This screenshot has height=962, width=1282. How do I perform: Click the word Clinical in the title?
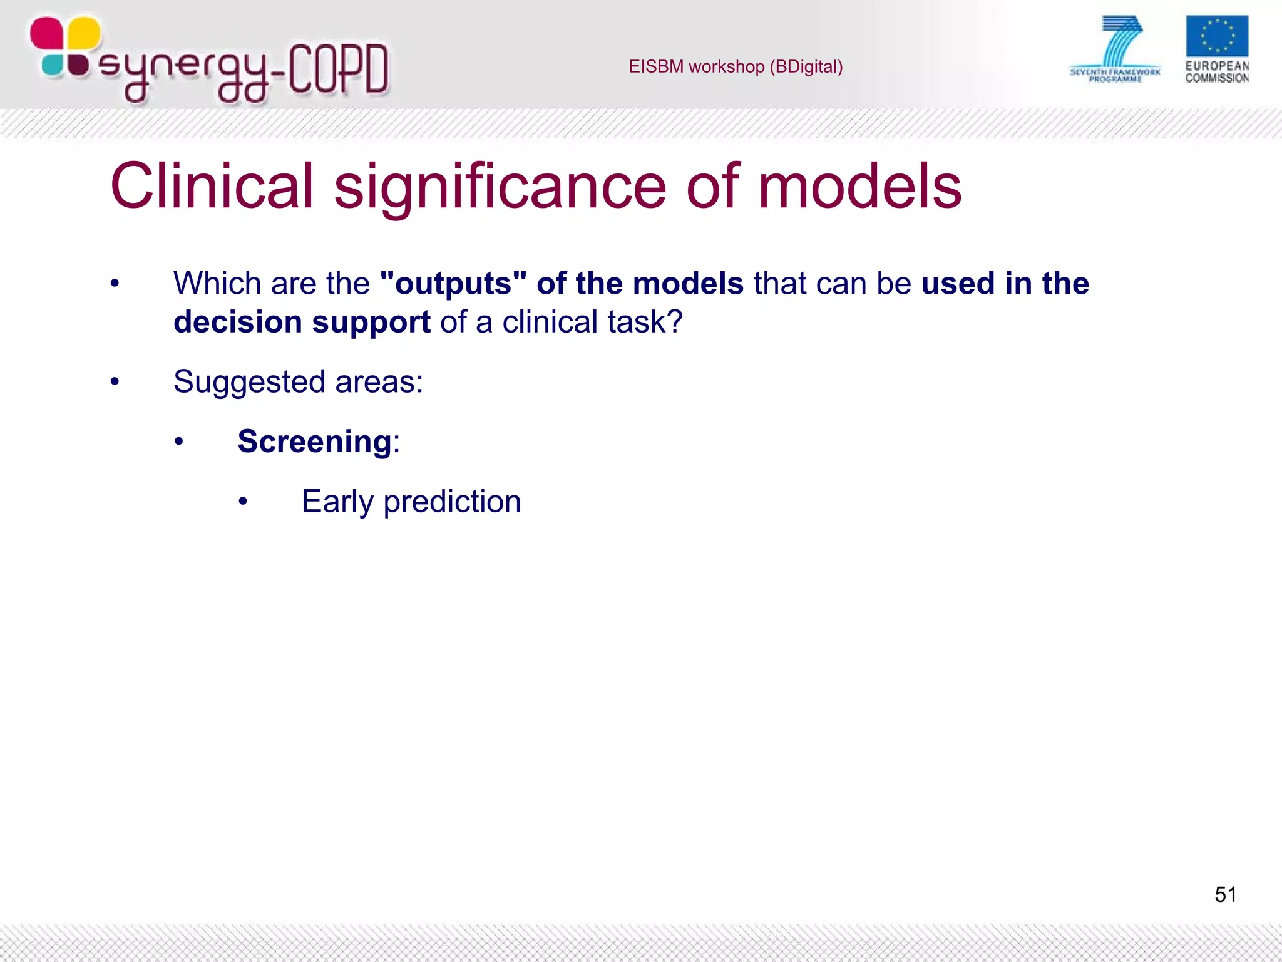[x=212, y=186]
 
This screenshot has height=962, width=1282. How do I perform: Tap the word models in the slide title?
[x=859, y=186]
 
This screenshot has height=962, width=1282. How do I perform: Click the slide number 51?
[x=1225, y=894]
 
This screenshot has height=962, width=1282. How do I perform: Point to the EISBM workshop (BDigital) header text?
[x=736, y=66]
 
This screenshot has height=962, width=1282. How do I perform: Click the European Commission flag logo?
[x=1216, y=36]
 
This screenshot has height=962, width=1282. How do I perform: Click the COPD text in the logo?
[x=339, y=69]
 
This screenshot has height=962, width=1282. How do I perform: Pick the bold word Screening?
[x=314, y=442]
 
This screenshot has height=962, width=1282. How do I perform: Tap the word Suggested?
[x=249, y=381]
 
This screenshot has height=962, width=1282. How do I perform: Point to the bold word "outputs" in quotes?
[x=453, y=283]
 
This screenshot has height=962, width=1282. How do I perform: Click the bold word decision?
[x=238, y=322]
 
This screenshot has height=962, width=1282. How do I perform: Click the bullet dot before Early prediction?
[x=243, y=502]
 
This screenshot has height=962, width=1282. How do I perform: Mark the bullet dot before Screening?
[x=179, y=442]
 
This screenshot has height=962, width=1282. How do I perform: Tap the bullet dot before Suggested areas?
[x=115, y=381]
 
